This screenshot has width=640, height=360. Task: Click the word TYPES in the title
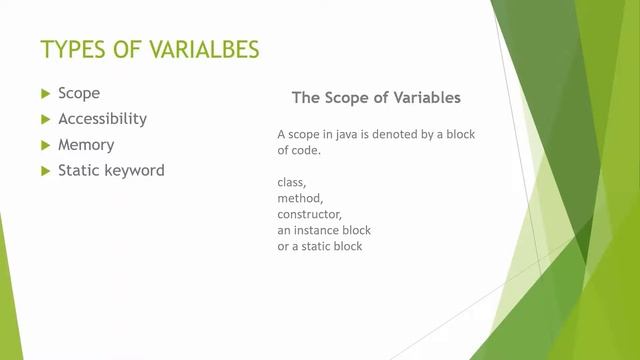point(73,49)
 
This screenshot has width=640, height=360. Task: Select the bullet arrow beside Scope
point(45,93)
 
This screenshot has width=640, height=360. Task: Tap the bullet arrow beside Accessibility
point(45,119)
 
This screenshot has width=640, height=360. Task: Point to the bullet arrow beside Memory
point(45,145)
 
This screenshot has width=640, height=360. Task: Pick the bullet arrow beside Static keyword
point(45,171)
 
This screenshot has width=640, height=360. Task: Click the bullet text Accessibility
point(102,118)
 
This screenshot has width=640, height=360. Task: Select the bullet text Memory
point(86,144)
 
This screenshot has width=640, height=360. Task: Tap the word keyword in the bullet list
point(134,170)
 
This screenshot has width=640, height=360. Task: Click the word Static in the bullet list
point(79,170)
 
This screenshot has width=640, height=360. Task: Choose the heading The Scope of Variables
point(376,98)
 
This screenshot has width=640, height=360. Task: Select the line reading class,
point(292,183)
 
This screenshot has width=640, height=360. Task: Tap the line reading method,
point(301,199)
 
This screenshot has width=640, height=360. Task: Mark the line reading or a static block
point(320,245)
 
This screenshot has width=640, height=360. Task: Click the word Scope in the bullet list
point(79,93)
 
